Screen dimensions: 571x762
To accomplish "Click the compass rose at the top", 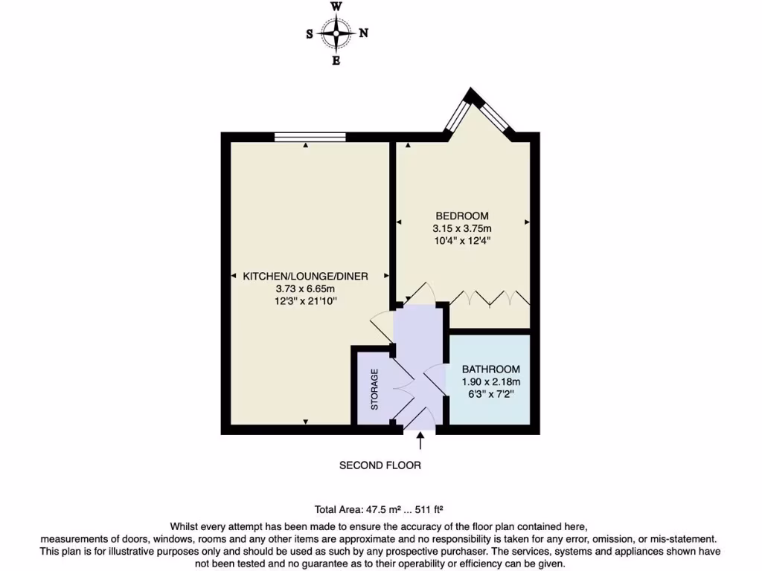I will click(336, 33).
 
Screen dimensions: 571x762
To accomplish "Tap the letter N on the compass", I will click(364, 33).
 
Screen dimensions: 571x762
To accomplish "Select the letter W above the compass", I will click(336, 7).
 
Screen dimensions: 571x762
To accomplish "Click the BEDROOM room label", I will click(462, 216).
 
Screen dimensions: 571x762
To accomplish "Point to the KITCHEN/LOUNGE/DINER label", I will click(306, 276).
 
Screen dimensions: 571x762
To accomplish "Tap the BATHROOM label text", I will click(490, 370).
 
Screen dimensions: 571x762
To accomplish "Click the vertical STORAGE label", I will click(375, 389).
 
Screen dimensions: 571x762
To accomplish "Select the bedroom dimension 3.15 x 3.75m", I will click(462, 228).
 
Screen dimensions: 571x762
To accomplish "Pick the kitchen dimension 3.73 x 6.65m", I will click(306, 288).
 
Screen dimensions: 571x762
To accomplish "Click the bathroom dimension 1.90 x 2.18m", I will click(490, 382).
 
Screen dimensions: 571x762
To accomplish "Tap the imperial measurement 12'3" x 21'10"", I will click(306, 300).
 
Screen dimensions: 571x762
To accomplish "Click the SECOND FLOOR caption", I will click(380, 465).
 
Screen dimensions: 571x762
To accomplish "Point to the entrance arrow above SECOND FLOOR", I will click(420, 442).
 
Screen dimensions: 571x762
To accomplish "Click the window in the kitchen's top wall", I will click(310, 137).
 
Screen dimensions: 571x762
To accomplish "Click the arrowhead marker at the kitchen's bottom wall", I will click(306, 422).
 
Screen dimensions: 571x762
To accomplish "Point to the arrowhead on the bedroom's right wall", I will click(526, 222).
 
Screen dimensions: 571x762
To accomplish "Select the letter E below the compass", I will click(336, 61).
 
